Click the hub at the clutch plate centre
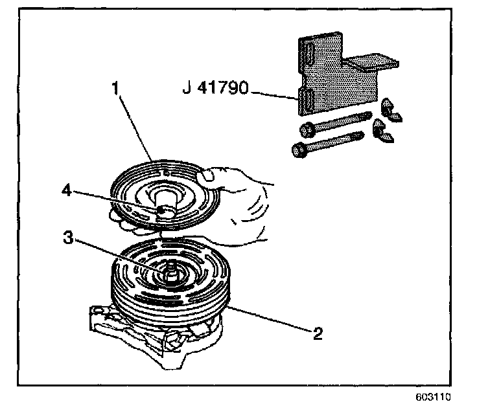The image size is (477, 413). point(166,208)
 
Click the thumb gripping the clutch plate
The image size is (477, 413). point(209,175)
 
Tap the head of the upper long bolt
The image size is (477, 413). point(308,129)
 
